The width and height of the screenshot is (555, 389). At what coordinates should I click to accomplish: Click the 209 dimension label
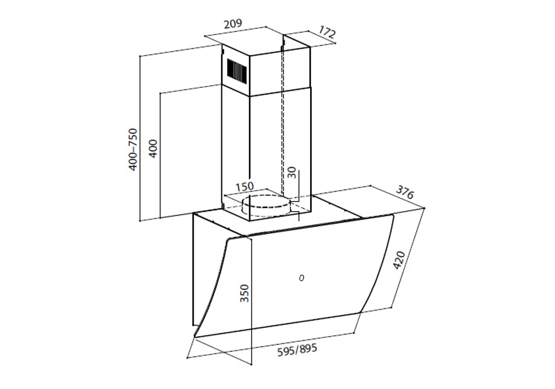[x=233, y=24]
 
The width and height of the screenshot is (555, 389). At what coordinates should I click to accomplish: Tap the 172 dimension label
[x=327, y=32]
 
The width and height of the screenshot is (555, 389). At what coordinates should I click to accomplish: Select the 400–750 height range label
[x=133, y=149]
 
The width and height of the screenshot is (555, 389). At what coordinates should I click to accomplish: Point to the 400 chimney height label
[x=153, y=148]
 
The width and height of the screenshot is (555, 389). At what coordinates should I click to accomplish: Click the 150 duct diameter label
[x=245, y=186]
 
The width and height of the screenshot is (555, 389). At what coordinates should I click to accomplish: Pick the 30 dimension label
[x=291, y=172]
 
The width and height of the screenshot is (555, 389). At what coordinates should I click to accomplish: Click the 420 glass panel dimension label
[x=399, y=261]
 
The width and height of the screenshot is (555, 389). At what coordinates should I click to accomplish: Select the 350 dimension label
[x=245, y=293]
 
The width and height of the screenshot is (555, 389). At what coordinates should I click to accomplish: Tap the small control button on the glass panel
[x=301, y=278]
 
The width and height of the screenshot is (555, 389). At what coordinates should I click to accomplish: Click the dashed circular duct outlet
[x=266, y=206]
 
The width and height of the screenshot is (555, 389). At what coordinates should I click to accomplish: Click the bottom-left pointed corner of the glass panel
[x=195, y=336]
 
